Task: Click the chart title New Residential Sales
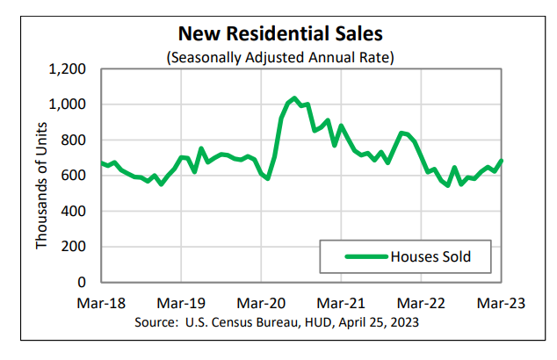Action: point(281,33)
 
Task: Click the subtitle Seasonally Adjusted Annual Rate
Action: point(281,57)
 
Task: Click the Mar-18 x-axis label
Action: point(101,303)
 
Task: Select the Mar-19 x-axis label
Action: point(181,303)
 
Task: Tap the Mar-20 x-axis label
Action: point(261,303)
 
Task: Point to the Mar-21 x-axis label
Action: point(341,303)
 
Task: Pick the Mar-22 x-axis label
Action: point(421,303)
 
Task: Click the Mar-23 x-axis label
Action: point(501,303)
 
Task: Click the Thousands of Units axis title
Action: point(40,176)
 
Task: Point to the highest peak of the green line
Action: point(294,97)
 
